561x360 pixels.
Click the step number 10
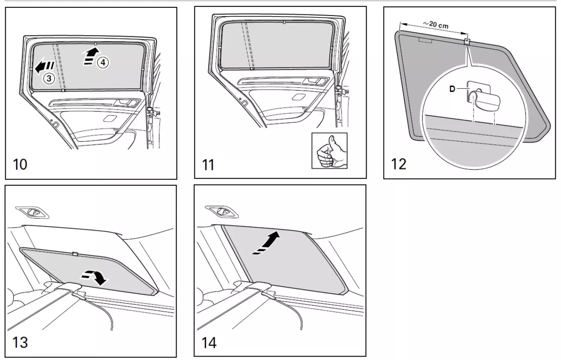click(x=20, y=165)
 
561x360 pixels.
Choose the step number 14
click(x=209, y=342)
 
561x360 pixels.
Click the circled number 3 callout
click(x=49, y=78)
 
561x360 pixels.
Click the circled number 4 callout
click(x=102, y=62)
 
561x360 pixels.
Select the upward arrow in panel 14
click(x=265, y=243)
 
